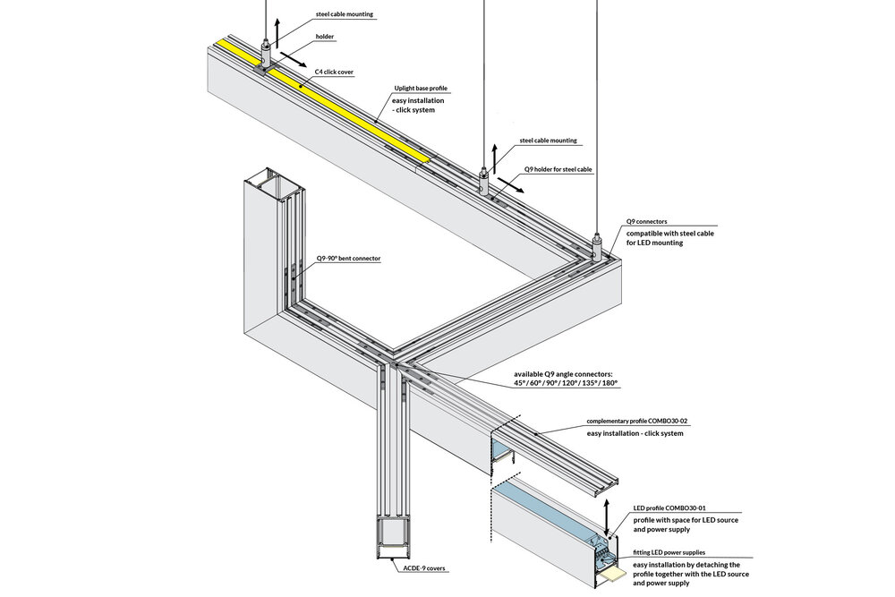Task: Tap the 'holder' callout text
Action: coord(325,38)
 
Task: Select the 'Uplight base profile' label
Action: coord(420,89)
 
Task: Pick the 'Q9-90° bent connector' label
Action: coord(348,259)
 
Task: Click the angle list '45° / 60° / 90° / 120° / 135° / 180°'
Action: coord(566,383)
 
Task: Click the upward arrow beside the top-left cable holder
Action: coord(278,32)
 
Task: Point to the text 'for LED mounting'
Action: coord(654,243)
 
